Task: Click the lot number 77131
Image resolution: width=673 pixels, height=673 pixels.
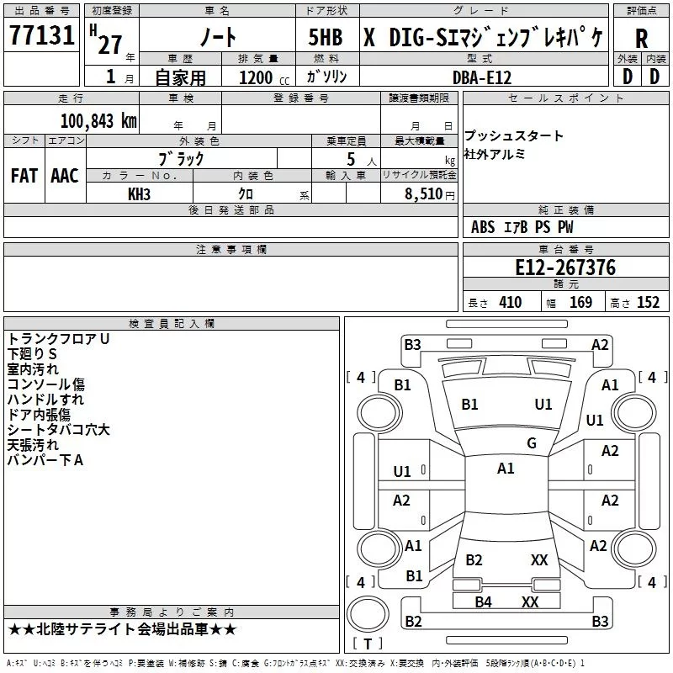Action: tap(42, 34)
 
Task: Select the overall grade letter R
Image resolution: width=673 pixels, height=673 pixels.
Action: tap(641, 39)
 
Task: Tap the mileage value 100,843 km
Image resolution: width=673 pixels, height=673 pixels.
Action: tap(98, 120)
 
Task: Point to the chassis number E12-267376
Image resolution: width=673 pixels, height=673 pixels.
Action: tap(565, 268)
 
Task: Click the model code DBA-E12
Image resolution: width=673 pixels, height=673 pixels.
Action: tap(482, 77)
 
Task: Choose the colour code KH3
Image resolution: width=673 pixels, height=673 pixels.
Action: tap(139, 194)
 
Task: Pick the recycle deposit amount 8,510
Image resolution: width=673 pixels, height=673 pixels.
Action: tap(423, 193)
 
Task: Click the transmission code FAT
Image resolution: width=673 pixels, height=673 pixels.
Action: tap(24, 176)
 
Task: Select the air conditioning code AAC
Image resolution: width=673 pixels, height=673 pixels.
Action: tap(65, 176)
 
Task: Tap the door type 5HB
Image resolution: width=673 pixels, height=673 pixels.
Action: tap(326, 37)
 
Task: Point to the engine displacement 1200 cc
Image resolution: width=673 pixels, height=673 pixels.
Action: tap(264, 77)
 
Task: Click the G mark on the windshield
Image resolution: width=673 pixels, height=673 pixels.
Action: tap(532, 442)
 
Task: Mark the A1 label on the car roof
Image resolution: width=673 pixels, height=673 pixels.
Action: tap(506, 469)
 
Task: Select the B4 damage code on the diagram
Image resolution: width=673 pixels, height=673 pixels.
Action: tap(483, 601)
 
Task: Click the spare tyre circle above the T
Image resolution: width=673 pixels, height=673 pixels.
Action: tap(368, 614)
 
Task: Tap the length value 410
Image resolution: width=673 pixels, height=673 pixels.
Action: tap(511, 303)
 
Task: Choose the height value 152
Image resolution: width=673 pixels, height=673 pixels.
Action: tap(648, 303)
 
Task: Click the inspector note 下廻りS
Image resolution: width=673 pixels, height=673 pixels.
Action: tap(32, 353)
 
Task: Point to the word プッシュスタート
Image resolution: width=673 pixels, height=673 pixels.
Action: tap(513, 135)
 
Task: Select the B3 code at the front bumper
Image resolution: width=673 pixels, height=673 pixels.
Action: tap(412, 345)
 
